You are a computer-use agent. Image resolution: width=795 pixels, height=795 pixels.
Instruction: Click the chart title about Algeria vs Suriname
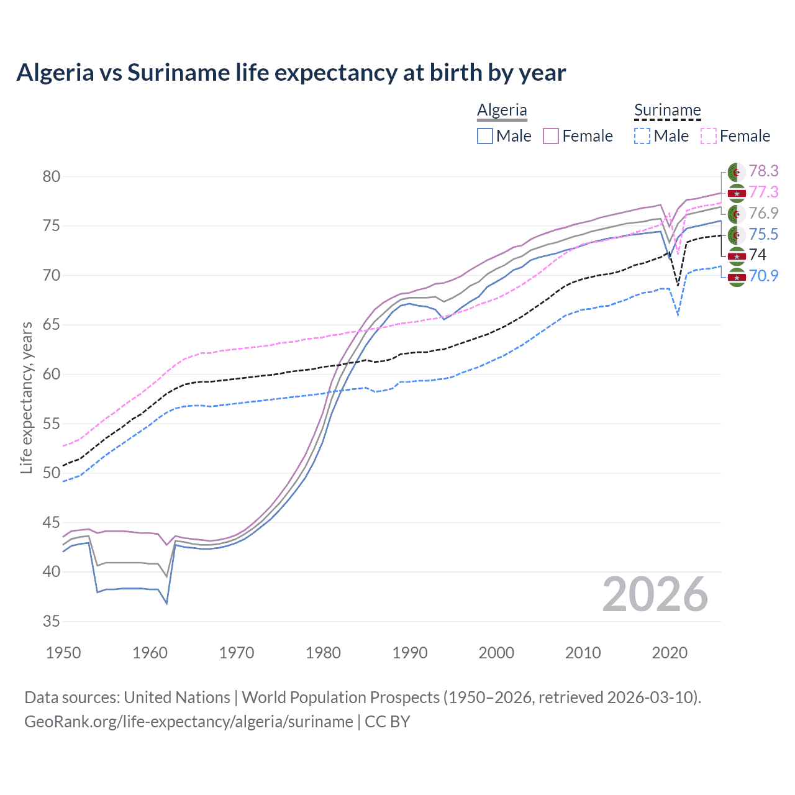tap(291, 73)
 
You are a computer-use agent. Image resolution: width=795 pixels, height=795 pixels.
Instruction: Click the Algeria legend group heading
tap(502, 110)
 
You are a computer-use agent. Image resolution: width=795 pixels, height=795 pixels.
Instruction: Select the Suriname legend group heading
tap(667, 110)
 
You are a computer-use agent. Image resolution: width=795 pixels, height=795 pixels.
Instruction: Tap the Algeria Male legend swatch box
tap(485, 136)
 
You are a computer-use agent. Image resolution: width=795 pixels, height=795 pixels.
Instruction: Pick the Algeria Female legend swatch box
tap(551, 136)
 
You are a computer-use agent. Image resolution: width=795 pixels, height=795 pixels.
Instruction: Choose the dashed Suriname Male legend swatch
tap(643, 136)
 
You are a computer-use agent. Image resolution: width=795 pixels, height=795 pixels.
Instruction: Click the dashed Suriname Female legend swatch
tap(709, 136)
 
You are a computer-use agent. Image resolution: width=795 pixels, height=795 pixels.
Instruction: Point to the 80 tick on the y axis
tap(52, 176)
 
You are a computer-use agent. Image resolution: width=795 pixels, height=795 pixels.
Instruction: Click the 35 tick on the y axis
tap(52, 621)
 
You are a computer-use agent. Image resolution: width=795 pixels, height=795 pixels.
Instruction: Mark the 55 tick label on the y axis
tap(52, 424)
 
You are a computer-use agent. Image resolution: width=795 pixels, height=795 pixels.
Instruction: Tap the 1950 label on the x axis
tap(63, 653)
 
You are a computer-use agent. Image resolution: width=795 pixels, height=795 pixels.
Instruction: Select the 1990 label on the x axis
tap(410, 653)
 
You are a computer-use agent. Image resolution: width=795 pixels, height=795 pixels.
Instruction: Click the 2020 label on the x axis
tap(670, 653)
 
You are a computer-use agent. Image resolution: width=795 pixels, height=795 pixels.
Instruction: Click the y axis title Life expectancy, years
tap(26, 397)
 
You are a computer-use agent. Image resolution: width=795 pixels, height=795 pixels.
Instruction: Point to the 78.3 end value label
tap(763, 171)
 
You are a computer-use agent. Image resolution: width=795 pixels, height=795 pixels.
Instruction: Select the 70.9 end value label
tap(763, 276)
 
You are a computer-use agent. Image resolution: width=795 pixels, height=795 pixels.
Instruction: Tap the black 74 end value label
tap(758, 255)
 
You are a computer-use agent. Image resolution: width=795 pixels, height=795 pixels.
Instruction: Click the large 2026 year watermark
tap(655, 595)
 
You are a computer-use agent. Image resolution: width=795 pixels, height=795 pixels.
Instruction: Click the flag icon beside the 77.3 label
tap(737, 193)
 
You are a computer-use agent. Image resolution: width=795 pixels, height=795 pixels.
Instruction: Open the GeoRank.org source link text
tap(189, 722)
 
